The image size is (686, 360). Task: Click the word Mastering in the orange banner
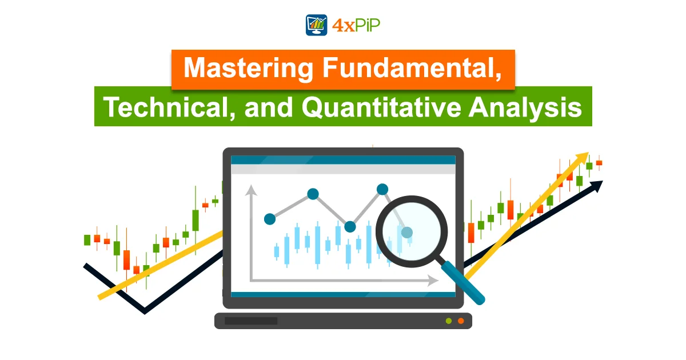248,69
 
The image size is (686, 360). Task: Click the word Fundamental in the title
412,67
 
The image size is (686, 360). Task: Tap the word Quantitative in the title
381,108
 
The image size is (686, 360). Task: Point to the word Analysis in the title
525,108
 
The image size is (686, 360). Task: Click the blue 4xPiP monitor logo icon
316,25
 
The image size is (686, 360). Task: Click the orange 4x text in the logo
344,25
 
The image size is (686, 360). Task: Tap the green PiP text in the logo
368,25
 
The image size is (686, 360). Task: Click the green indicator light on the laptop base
449,321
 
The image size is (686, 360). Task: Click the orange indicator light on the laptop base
461,321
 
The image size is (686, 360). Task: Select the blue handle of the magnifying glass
462,282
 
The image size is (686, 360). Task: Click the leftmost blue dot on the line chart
270,219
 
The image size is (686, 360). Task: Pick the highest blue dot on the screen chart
382,189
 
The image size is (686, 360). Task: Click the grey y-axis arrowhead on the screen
251,190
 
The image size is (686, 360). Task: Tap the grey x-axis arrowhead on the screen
433,281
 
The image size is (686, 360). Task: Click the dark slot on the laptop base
251,321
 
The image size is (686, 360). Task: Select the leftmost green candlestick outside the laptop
87,240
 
